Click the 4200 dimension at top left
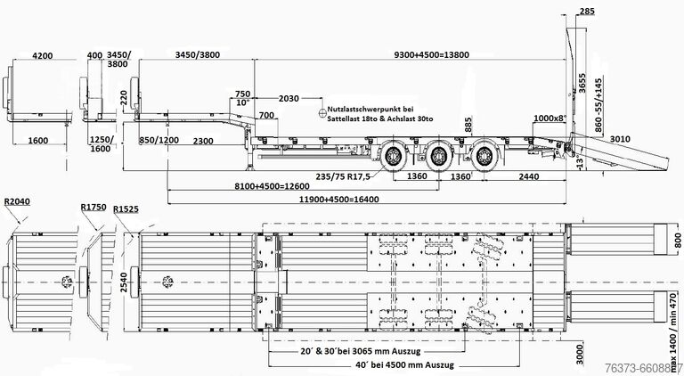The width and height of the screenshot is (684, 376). point(37,55)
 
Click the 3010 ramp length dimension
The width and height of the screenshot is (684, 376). point(620,139)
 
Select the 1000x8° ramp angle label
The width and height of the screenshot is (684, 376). point(550,118)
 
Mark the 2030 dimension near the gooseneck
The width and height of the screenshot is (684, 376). point(288,97)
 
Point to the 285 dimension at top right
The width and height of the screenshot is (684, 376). point(587,12)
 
